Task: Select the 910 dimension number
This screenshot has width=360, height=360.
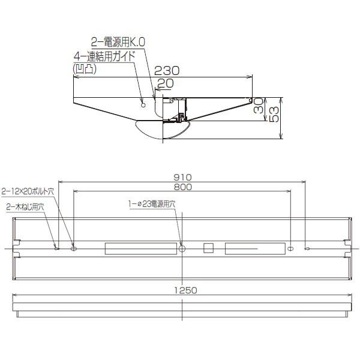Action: click(182, 177)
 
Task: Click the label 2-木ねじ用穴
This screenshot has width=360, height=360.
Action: click(25, 206)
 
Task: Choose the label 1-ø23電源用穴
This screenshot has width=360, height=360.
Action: click(152, 204)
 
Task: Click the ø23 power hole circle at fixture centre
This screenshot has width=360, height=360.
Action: click(182, 248)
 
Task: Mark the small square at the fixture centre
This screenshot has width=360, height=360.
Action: click(209, 248)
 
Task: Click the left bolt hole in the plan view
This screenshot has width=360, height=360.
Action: click(74, 248)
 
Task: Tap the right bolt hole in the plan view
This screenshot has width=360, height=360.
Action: click(291, 248)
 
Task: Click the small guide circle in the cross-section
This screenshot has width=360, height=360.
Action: click(143, 106)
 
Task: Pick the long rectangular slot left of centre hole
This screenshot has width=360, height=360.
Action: click(140, 248)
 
